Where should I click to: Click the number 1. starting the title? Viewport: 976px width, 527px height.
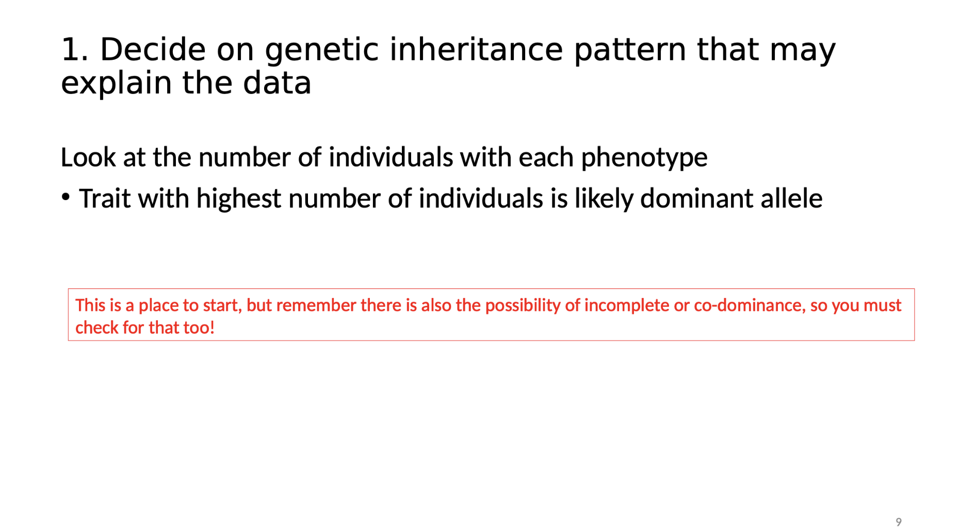pos(74,50)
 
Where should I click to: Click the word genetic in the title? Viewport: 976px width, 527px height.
pos(321,50)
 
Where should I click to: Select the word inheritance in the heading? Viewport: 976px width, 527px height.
pos(476,50)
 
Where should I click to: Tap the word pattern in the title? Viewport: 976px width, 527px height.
pos(630,50)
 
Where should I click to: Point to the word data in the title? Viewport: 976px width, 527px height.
pos(277,83)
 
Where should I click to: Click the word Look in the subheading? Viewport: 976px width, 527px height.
pos(88,157)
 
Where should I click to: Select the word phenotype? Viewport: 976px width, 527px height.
pos(644,157)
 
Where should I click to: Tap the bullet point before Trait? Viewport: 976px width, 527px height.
pos(66,197)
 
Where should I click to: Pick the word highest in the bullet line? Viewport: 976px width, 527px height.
pos(238,199)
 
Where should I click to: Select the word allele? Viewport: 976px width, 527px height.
pos(791,199)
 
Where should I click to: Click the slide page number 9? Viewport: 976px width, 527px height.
pos(898,522)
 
